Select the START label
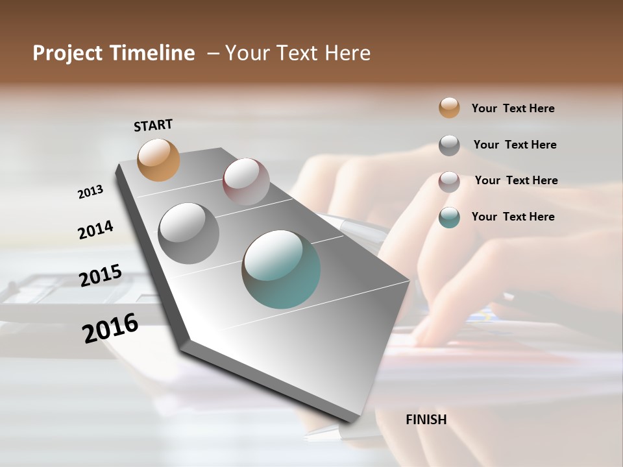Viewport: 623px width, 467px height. pos(153,125)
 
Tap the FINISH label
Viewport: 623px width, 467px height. pos(426,420)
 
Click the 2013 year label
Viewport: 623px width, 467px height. pos(91,192)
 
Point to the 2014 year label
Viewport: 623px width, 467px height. pos(95,230)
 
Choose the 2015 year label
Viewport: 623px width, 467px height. pos(101,276)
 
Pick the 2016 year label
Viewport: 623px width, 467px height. pos(110,328)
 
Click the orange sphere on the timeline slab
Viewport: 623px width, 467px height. pos(159,160)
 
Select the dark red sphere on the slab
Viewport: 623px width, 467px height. pos(246,182)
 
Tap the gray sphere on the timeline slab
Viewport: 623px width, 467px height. pos(189,233)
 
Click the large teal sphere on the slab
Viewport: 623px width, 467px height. pos(281,269)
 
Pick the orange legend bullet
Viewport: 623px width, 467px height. pos(449,108)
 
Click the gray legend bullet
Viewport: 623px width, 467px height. pos(449,145)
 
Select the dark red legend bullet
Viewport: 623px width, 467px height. pos(449,182)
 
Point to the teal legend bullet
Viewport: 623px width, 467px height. pos(449,217)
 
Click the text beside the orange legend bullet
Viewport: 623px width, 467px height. pos(513,108)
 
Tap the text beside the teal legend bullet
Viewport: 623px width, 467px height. pos(513,217)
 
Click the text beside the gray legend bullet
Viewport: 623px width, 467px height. pos(515,145)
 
